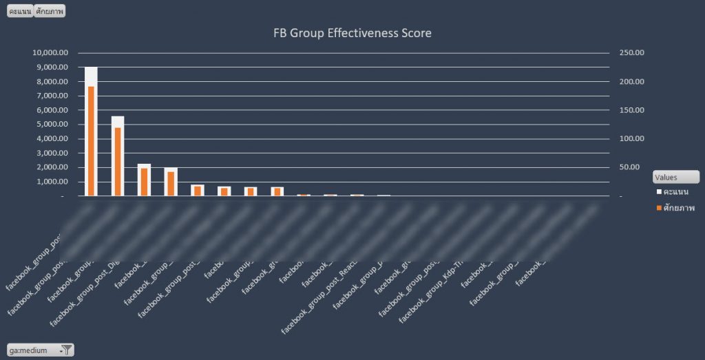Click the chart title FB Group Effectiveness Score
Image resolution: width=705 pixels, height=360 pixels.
point(352,33)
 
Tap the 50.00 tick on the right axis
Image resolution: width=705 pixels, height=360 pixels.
point(632,167)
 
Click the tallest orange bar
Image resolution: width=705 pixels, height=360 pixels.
point(90,141)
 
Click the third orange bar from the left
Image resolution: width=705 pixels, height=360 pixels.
point(144,182)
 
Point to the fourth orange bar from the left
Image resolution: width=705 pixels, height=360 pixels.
point(171,184)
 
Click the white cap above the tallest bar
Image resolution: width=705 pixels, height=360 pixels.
point(90,76)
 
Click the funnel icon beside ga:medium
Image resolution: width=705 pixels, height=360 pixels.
point(66,350)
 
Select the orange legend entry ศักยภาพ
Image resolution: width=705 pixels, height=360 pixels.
point(677,208)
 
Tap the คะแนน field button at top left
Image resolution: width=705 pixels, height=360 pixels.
point(19,12)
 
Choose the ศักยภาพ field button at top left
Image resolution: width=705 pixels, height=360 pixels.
point(50,12)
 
